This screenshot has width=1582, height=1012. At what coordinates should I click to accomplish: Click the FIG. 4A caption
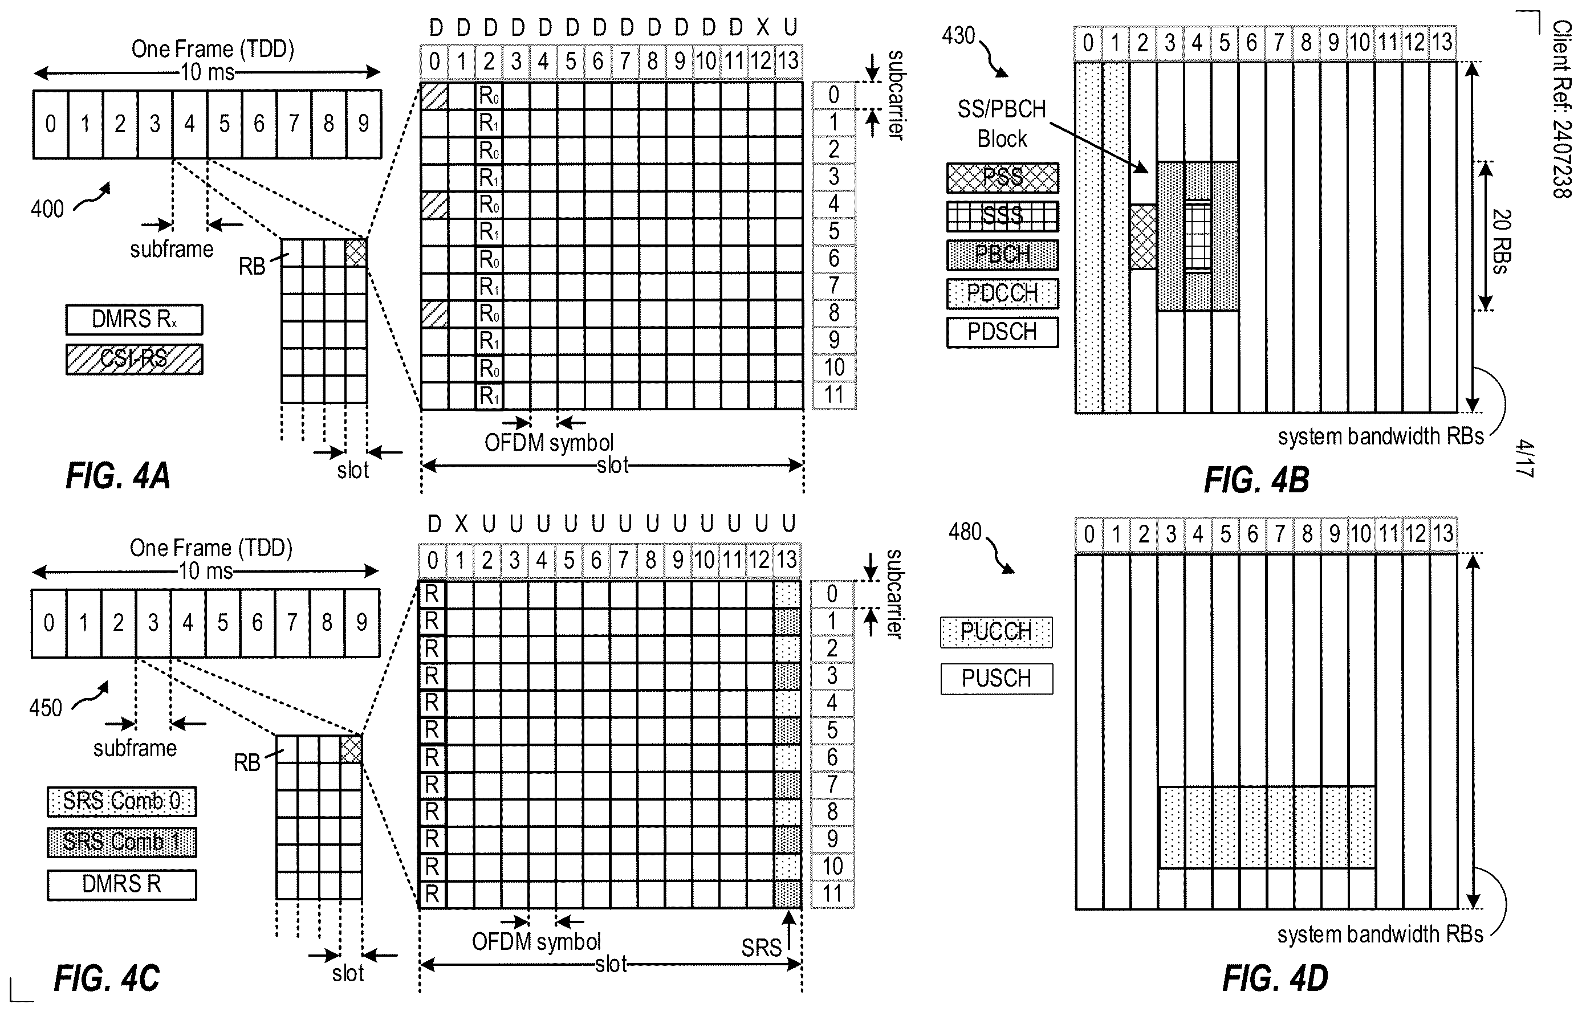coord(119,476)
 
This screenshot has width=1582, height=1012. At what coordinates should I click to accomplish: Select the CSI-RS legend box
coord(134,360)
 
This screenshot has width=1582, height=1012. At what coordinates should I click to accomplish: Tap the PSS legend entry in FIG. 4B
coord(1002,177)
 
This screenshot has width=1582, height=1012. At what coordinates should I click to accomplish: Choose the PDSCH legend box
coord(1002,332)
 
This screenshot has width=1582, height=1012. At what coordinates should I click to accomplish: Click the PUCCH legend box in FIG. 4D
coord(997,632)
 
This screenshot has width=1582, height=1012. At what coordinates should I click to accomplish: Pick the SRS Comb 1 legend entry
coord(121,842)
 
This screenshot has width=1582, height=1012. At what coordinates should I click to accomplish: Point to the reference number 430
coord(958,35)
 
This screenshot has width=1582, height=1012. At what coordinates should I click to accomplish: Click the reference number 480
coord(965,532)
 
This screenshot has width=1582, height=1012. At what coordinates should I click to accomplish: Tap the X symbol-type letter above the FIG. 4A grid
coord(762,27)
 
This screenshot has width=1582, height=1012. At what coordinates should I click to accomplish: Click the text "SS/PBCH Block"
coord(1002,124)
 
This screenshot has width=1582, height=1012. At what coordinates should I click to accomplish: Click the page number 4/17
coord(1525,459)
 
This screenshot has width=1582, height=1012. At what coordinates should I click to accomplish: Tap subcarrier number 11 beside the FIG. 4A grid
coord(834,395)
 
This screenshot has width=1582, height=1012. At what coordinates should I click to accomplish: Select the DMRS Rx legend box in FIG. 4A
coord(134,319)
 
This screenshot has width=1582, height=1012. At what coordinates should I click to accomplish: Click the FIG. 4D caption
coord(1275,978)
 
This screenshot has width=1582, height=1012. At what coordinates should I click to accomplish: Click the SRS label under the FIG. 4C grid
coord(761,948)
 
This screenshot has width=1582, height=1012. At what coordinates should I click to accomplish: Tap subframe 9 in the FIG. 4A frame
coord(364,124)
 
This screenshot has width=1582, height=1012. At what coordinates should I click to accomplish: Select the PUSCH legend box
coord(997,678)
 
